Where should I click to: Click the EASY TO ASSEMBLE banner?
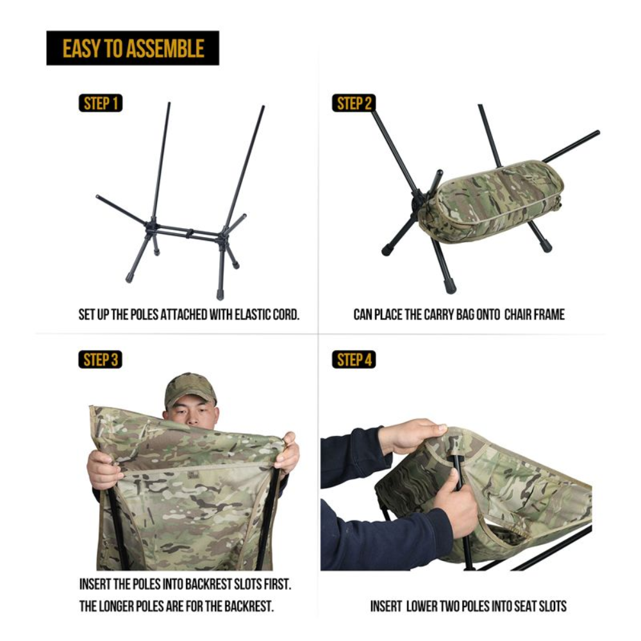point(133,48)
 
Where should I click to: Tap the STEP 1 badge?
point(101,103)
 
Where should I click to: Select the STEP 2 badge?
point(353,103)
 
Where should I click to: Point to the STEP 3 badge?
point(101,360)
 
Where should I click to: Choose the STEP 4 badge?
point(353,360)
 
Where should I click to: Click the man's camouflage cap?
point(190,387)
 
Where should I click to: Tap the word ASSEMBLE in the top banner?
point(169,48)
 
